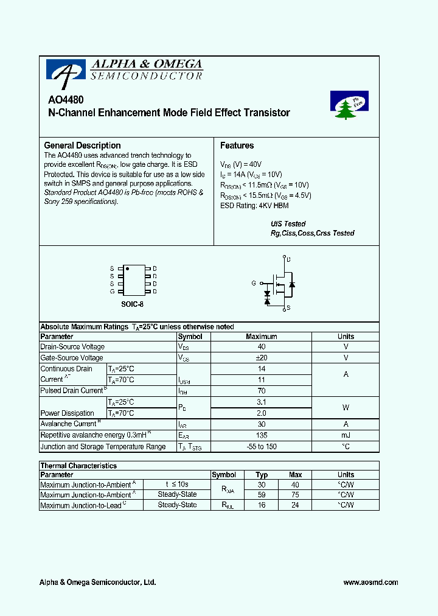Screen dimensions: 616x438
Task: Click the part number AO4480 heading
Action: pyautogui.click(x=66, y=100)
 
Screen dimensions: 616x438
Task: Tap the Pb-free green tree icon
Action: pyautogui.click(x=349, y=105)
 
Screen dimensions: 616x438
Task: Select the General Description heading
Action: pyautogui.click(x=82, y=145)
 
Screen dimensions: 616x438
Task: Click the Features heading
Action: pyautogui.click(x=237, y=145)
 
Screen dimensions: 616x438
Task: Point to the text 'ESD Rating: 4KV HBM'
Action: pyautogui.click(x=254, y=206)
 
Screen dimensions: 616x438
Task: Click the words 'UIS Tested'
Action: pyautogui.click(x=288, y=224)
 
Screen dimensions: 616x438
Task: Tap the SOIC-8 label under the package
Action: pyautogui.click(x=132, y=304)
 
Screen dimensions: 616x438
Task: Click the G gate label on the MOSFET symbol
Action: pyautogui.click(x=254, y=283)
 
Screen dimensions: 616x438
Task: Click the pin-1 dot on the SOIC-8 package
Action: pyautogui.click(x=127, y=268)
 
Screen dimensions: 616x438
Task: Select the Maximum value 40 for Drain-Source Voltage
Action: pyautogui.click(x=262, y=347)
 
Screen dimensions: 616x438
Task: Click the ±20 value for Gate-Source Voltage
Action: pyautogui.click(x=262, y=358)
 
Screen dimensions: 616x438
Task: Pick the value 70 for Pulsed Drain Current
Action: pyautogui.click(x=262, y=391)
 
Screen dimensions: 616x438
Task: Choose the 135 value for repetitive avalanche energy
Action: pyautogui.click(x=262, y=435)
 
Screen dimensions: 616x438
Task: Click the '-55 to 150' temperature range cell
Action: pyautogui.click(x=262, y=447)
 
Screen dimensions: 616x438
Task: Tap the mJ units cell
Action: pyautogui.click(x=346, y=435)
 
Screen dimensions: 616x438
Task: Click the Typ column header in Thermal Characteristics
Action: pyautogui.click(x=262, y=475)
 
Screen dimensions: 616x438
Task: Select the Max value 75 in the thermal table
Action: pyautogui.click(x=295, y=495)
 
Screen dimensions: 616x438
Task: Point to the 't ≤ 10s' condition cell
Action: pyautogui.click(x=177, y=485)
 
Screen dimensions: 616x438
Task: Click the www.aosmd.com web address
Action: pyautogui.click(x=370, y=583)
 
